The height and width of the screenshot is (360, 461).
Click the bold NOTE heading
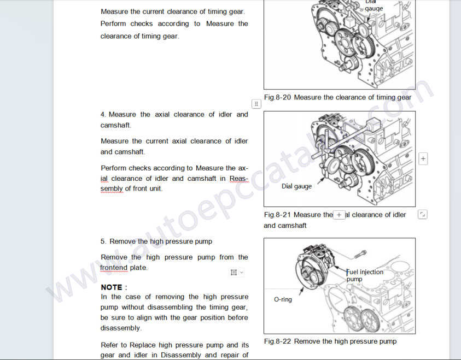[114, 287]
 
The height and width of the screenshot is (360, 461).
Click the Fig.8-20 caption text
[337, 97]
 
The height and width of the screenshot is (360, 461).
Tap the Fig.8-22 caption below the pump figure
[330, 341]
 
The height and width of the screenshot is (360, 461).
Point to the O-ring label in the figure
[283, 299]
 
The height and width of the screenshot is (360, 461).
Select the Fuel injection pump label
[365, 275]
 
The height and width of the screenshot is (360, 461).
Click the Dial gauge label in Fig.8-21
[296, 186]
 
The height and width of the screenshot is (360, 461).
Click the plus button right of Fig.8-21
[423, 158]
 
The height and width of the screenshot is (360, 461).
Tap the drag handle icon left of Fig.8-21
[256, 104]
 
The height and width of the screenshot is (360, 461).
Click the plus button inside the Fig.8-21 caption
[339, 215]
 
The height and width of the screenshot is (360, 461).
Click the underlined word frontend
[114, 268]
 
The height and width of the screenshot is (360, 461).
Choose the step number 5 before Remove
[103, 241]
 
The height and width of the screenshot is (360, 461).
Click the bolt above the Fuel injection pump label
[360, 253]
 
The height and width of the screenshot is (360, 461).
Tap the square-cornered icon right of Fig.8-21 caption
[423, 215]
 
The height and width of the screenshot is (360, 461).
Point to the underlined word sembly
[112, 189]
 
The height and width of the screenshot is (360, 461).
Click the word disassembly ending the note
[121, 328]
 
